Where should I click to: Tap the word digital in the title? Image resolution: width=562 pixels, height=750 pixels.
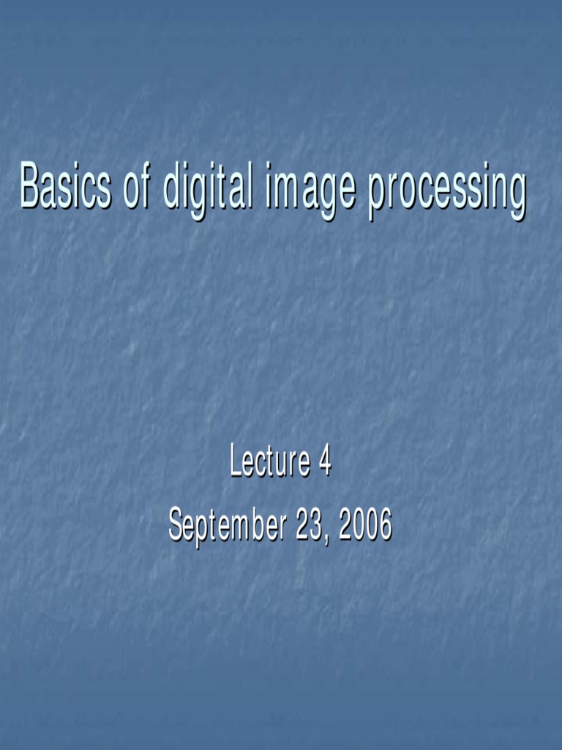[x=208, y=187]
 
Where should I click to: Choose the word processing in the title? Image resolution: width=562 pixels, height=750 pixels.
[x=446, y=189]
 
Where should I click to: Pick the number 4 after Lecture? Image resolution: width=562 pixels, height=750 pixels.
[x=325, y=462]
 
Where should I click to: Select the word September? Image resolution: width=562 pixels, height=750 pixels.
[x=227, y=526]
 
